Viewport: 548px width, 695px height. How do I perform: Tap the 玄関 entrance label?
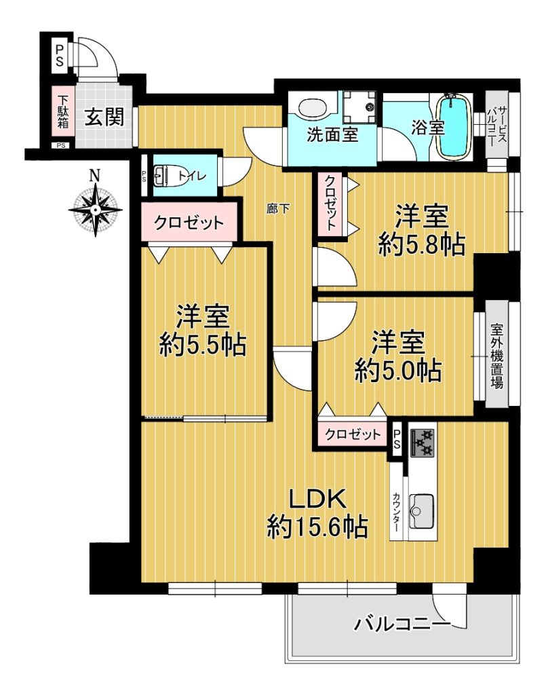104,117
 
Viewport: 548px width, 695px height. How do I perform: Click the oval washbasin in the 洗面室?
313,107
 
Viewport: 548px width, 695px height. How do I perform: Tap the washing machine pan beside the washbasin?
359,107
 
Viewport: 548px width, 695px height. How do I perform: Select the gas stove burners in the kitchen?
421,443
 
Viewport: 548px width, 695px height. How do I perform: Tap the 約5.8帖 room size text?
421,244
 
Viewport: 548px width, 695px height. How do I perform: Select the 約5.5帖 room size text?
203,344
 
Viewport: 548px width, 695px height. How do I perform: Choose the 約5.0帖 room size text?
398,371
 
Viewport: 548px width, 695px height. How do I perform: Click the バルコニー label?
402,624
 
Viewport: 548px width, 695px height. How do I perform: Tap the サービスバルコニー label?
496,125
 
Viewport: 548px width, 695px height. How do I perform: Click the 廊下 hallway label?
278,208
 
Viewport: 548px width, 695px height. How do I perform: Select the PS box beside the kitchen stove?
397,440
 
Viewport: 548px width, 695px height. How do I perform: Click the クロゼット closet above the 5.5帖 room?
189,223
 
